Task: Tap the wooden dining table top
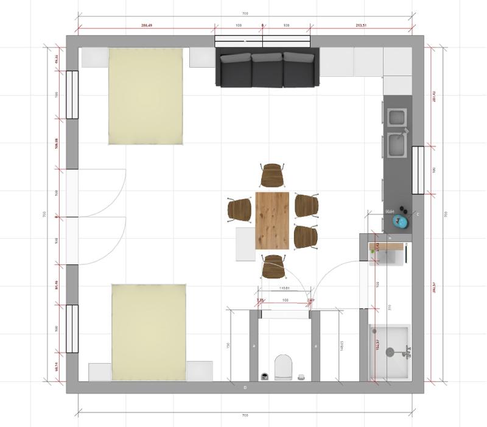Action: pyautogui.click(x=273, y=221)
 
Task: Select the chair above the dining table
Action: pyautogui.click(x=273, y=175)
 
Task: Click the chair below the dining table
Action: pyautogui.click(x=273, y=267)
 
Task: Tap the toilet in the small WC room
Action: pyautogui.click(x=284, y=367)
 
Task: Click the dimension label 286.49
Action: pyautogui.click(x=146, y=26)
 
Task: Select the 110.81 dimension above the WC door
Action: pyautogui.click(x=284, y=288)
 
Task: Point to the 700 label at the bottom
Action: pyautogui.click(x=245, y=415)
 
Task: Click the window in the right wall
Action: pyautogui.click(x=418, y=170)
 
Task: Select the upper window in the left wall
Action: pyautogui.click(x=72, y=94)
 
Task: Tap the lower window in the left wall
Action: pyautogui.click(x=72, y=328)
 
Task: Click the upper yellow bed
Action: pyautogui.click(x=145, y=96)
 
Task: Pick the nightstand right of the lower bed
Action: pyautogui.click(x=200, y=371)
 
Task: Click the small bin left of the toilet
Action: pyautogui.click(x=265, y=376)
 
